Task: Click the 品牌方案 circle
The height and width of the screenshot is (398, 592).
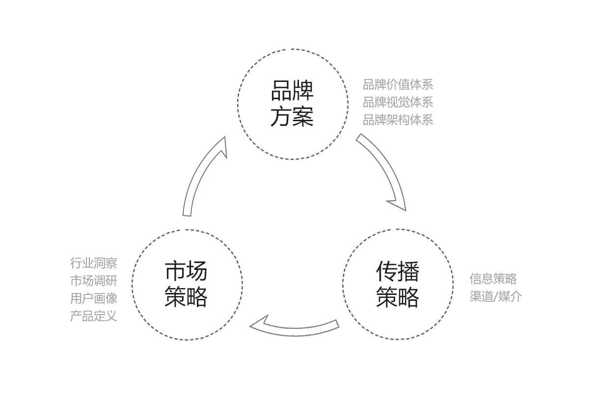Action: click(293, 104)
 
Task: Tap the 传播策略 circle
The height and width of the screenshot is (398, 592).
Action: click(397, 284)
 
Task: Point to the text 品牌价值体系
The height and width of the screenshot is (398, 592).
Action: click(398, 85)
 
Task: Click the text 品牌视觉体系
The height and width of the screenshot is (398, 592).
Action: click(398, 103)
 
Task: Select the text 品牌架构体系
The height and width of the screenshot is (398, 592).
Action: click(398, 120)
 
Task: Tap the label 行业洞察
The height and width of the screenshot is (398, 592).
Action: click(94, 263)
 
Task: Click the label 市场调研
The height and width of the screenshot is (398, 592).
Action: click(94, 281)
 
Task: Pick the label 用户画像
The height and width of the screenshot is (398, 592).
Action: click(94, 298)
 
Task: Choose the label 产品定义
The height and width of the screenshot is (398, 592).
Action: click(94, 316)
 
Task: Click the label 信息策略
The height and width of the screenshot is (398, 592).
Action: click(494, 279)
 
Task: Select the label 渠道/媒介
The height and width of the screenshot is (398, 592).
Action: click(496, 296)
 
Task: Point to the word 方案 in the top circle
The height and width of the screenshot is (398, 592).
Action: click(292, 117)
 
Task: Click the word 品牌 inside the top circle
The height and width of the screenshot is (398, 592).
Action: click(292, 91)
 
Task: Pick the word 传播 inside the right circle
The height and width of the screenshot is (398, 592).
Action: click(398, 271)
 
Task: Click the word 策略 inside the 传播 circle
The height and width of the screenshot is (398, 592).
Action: click(398, 297)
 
